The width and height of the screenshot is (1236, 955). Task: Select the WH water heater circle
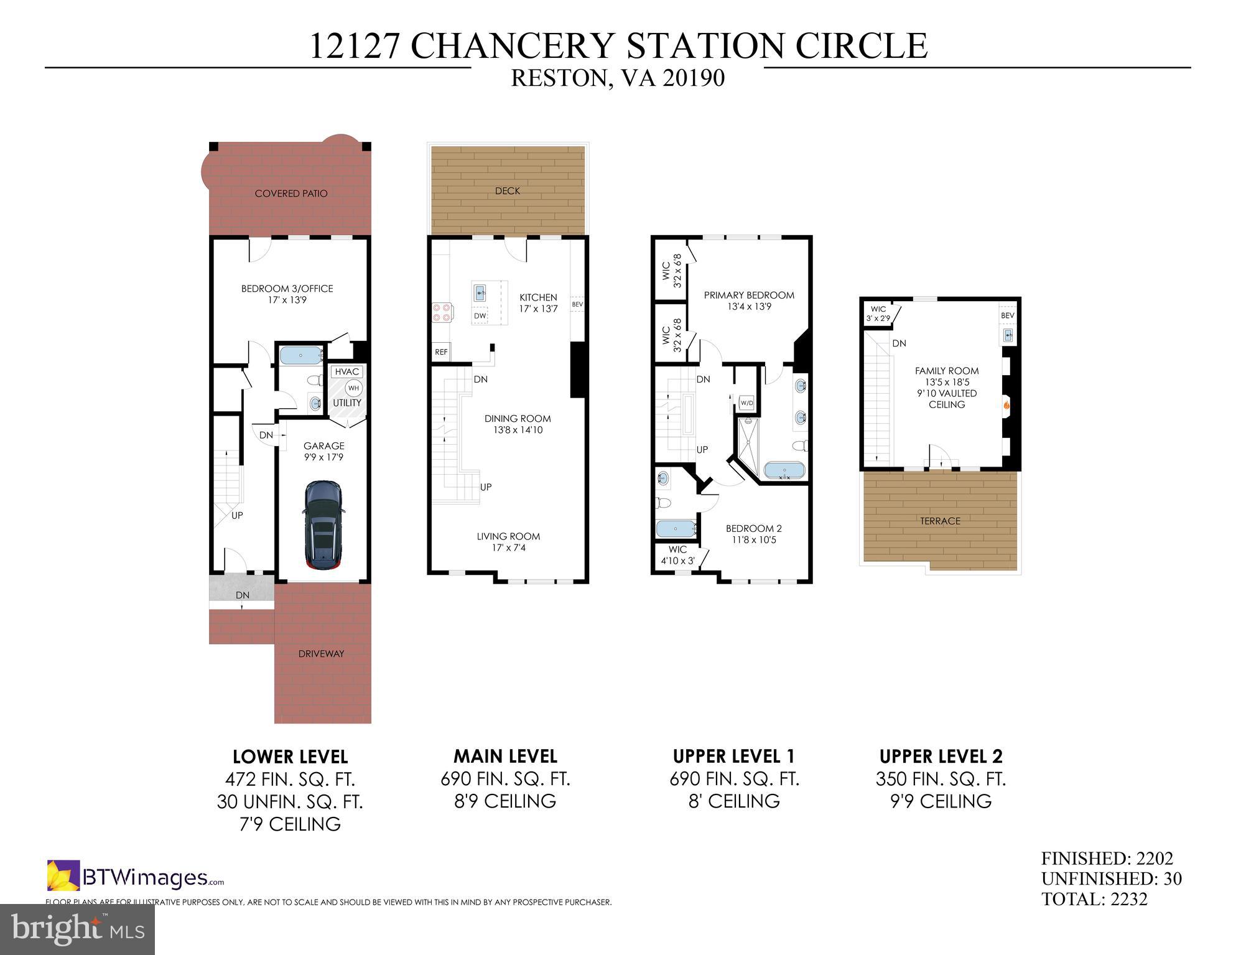tap(353, 388)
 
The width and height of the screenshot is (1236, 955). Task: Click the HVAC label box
tap(346, 372)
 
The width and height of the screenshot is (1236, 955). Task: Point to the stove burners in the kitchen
tap(442, 312)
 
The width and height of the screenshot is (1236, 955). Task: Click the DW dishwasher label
tap(480, 316)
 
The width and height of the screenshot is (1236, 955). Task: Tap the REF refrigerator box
tap(441, 352)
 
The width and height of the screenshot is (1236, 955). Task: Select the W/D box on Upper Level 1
tap(746, 403)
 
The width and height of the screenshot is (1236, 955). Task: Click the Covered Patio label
tap(290, 193)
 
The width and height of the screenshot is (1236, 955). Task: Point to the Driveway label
tap(321, 654)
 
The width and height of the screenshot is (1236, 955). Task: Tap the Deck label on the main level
tap(508, 191)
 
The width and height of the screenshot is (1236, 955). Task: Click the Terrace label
tap(940, 521)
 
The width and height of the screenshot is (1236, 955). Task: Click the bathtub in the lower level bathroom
tap(300, 356)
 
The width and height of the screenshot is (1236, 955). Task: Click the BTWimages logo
tap(136, 877)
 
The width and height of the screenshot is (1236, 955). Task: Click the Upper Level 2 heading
tap(941, 757)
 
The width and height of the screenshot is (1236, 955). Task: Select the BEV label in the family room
tap(1007, 315)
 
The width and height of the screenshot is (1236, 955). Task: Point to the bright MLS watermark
tap(77, 929)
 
